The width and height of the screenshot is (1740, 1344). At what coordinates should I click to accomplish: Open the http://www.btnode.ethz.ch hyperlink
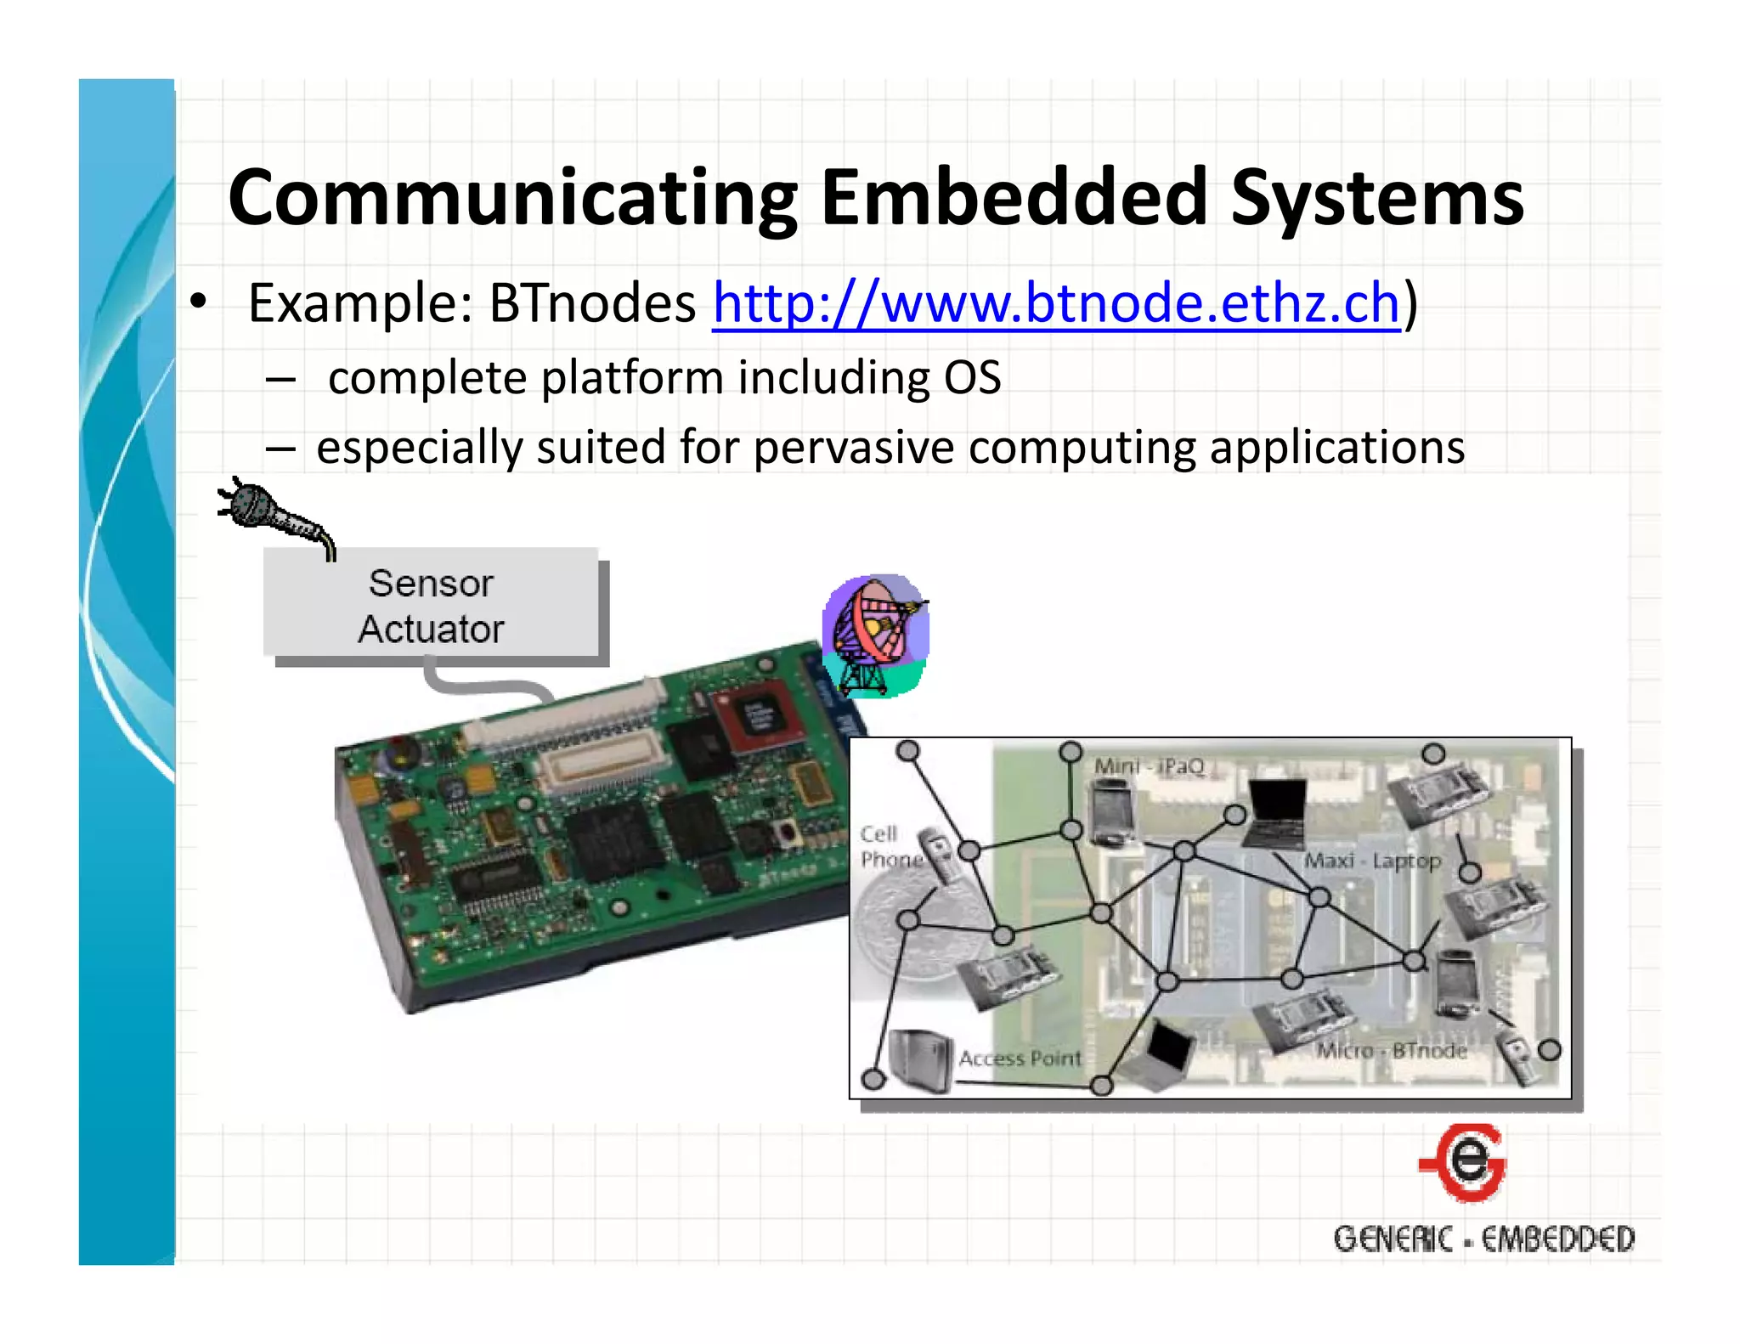pos(1055,303)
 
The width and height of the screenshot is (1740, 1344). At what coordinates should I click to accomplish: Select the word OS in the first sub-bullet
pos(972,377)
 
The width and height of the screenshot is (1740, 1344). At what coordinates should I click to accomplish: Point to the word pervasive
pos(853,448)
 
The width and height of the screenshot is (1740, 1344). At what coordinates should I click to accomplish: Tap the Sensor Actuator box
pos(432,606)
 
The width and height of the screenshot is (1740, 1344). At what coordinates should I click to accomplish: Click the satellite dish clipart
pos(875,634)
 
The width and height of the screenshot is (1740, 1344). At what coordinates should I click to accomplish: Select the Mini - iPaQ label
pos(1149,766)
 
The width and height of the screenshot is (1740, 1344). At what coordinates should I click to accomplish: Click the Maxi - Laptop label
pos(1372,861)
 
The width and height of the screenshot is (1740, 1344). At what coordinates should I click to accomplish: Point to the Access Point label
pos(1020,1059)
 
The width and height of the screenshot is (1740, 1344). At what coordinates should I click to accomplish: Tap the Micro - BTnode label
pos(1392,1051)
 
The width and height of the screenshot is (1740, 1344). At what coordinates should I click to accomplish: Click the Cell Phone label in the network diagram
pos(889,846)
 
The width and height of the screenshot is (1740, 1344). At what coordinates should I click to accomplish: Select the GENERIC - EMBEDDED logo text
pos(1483,1239)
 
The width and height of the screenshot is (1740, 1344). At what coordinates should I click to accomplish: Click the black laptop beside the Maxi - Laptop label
pos(1274,811)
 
